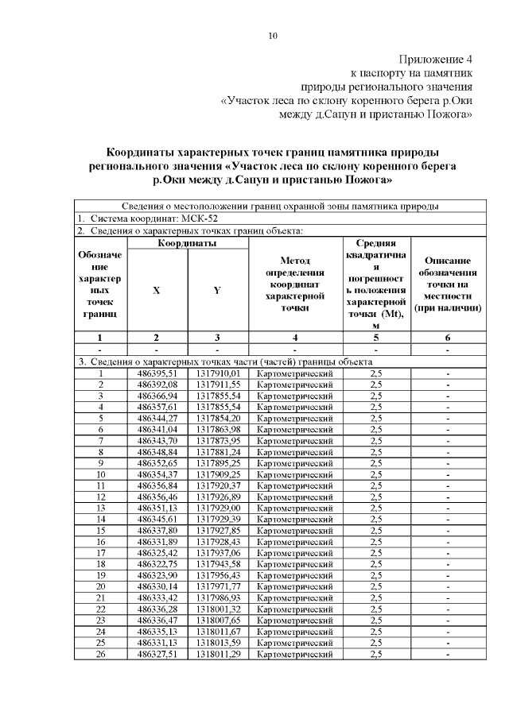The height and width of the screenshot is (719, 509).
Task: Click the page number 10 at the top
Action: click(x=273, y=36)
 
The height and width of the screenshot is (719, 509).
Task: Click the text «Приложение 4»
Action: click(x=435, y=59)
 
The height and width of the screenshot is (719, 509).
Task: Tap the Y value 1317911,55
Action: click(x=217, y=384)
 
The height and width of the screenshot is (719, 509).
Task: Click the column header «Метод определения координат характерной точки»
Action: click(x=295, y=284)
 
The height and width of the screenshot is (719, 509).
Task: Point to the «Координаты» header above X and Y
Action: click(x=187, y=243)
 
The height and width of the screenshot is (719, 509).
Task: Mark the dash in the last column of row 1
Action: click(x=447, y=373)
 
